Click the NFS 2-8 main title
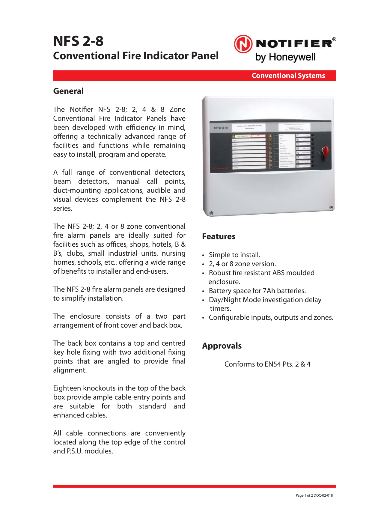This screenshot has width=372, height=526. pos(78,41)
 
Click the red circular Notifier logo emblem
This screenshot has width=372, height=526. pos(243,44)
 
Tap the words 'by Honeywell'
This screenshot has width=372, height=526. pos(285,57)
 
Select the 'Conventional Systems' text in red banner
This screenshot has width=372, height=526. pos(288,76)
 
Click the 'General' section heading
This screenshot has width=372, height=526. pos(68,91)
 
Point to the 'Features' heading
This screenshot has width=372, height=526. pos(219,236)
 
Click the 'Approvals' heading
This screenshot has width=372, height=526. pos(222,346)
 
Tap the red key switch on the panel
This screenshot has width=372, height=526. pos(325,152)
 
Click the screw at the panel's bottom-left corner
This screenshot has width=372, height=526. pos(211,213)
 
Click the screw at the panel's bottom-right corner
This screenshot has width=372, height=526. pos(331,207)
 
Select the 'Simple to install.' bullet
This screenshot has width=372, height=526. pos(234,255)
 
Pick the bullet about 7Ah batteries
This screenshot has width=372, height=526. pos(257,291)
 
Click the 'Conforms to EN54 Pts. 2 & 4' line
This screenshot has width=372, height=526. pos(267,364)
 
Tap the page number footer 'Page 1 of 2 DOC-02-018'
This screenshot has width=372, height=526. pos(314,495)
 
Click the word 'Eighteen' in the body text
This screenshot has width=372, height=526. pos(67,388)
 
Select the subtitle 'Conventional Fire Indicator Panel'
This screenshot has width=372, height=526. pos(136,56)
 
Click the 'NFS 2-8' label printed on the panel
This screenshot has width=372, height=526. pos(221,128)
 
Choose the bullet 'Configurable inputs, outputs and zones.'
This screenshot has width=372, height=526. pos(271,317)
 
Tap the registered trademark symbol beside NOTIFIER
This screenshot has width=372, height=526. pos(334,39)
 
